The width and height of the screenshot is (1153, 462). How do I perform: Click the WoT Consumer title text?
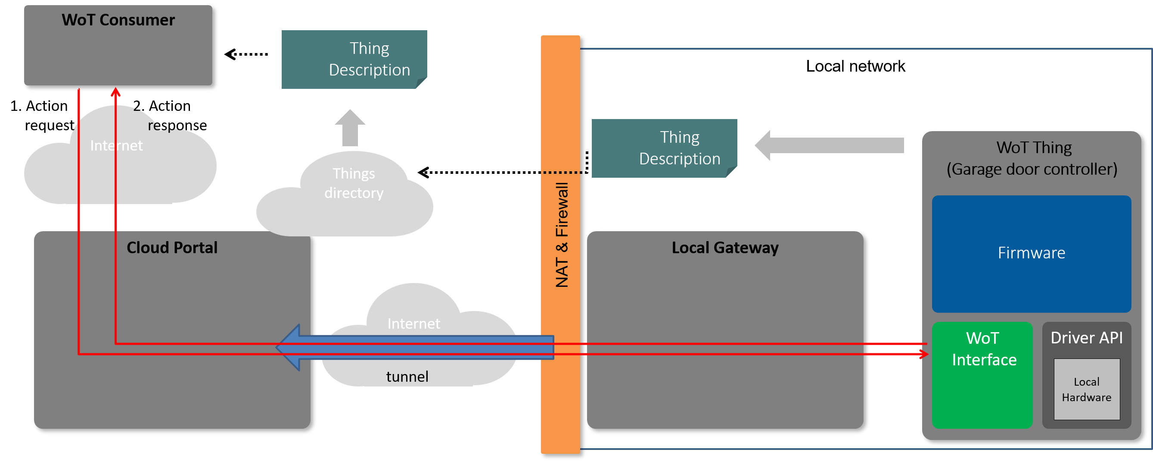[118, 20]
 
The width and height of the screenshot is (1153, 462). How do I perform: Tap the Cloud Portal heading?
[172, 248]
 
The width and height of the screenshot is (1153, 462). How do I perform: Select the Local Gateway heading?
[724, 248]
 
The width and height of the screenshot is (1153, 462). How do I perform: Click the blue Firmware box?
[1031, 254]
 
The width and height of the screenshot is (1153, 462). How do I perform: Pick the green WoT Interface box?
[982, 374]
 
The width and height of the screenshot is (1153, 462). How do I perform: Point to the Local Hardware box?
[1086, 390]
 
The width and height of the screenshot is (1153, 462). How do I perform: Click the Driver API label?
[1086, 338]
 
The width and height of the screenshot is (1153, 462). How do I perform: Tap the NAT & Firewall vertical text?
[561, 234]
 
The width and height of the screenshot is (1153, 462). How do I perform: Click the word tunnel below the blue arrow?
[407, 377]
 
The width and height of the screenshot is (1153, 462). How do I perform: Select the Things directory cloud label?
[354, 183]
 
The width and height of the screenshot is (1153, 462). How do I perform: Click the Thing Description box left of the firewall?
[354, 67]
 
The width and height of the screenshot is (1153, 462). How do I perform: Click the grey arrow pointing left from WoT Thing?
[828, 146]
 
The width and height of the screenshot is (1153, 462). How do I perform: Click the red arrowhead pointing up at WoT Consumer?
[115, 94]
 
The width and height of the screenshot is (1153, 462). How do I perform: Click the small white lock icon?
[258, 59]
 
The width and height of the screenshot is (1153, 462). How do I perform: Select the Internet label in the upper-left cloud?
[116, 146]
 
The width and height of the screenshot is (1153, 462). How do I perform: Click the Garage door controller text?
[1032, 170]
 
